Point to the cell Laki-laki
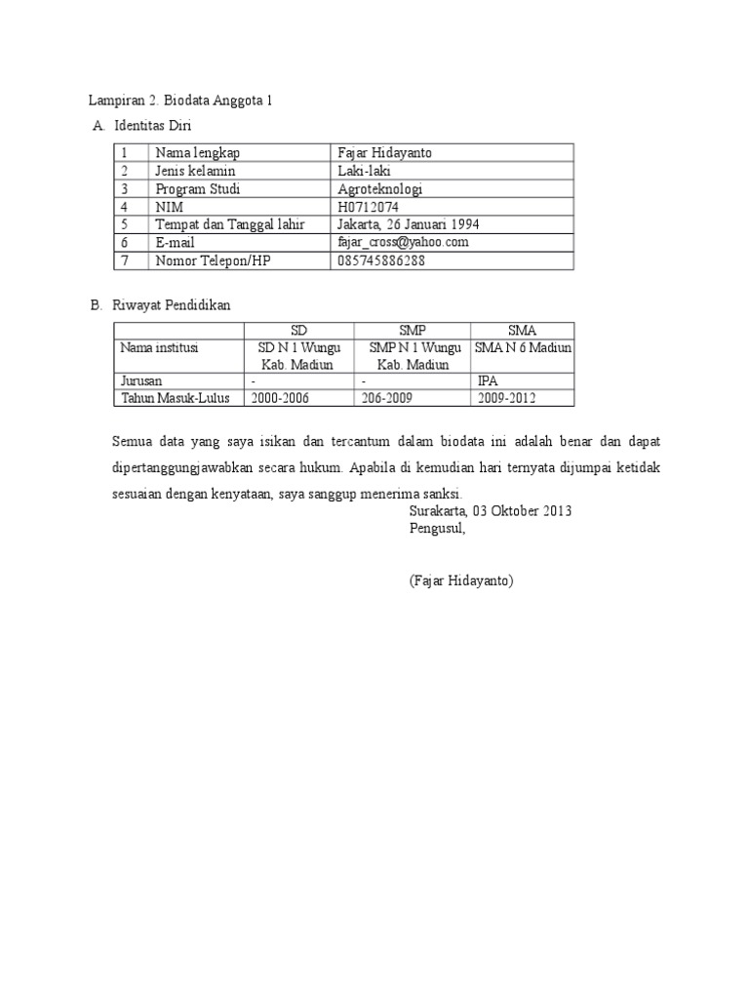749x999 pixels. [x=366, y=171]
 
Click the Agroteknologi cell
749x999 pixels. [x=380, y=189]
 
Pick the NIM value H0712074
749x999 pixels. [x=368, y=207]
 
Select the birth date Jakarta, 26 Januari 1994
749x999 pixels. [x=408, y=224]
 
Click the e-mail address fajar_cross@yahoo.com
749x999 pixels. [x=403, y=242]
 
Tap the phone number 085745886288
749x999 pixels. [x=381, y=260]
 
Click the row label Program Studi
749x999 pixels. [x=197, y=189]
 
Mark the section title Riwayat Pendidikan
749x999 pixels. [x=172, y=305]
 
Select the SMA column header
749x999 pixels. [x=522, y=331]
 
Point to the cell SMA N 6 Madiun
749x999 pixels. [x=523, y=347]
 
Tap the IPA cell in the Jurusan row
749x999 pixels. [x=488, y=381]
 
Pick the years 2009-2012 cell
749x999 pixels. [x=506, y=398]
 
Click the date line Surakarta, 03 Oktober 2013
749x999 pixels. [x=491, y=511]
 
